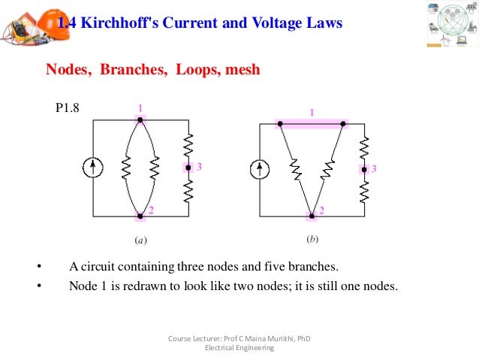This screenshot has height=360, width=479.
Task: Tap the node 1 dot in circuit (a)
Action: [140, 119]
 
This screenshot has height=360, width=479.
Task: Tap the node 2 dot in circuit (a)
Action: [140, 216]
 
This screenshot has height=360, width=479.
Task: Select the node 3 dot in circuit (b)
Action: [364, 169]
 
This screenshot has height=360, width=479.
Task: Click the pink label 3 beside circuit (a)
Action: [200, 167]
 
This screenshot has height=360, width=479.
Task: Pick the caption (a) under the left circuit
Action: [140, 241]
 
